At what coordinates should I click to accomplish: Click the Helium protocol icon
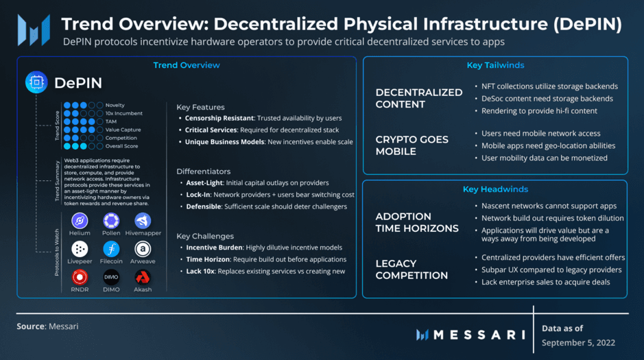tap(80, 221)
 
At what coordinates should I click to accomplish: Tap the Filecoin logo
tap(111, 249)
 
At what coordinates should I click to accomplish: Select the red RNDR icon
tap(80, 278)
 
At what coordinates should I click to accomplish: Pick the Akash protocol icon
tap(143, 278)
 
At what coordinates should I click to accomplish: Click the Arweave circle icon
tap(143, 249)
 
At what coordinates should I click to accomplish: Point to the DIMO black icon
tap(111, 278)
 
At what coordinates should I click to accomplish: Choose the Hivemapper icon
tap(143, 221)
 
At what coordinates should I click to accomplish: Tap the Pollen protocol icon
tap(111, 221)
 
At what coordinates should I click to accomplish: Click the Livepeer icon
tap(80, 249)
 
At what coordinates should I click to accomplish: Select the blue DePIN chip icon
tap(36, 82)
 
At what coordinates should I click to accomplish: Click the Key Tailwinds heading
tap(495, 65)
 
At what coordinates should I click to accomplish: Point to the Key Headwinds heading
tap(495, 189)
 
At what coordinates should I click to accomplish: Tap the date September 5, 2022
tap(578, 343)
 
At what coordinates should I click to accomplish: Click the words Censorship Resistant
tap(219, 118)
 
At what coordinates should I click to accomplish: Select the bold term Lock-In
tap(198, 195)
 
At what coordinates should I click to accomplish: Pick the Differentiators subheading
tap(203, 171)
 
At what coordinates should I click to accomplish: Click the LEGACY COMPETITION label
tap(412, 269)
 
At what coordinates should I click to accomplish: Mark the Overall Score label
tap(121, 146)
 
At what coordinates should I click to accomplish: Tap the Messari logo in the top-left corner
tap(34, 30)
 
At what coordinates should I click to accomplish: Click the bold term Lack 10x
tap(200, 272)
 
